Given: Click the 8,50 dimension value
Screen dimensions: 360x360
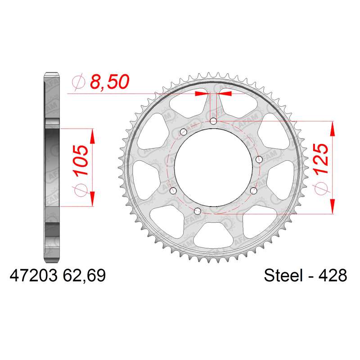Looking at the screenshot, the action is (109, 82).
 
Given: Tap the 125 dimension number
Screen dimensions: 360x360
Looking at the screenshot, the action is (321, 159).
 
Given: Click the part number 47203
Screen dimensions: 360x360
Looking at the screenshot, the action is (33, 275).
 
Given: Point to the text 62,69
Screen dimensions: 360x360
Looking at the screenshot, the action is (84, 275).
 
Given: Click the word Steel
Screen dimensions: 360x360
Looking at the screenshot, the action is (283, 275).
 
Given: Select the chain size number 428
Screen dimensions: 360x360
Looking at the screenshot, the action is (333, 275).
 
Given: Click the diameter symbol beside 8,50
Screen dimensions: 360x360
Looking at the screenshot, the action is (78, 81).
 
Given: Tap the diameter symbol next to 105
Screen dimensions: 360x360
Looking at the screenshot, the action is (81, 190).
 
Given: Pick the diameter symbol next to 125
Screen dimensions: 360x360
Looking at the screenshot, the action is (321, 189).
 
